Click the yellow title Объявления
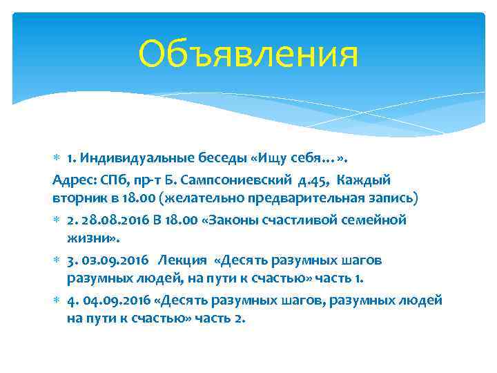tap(248, 54)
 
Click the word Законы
tap(226, 220)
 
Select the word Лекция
tap(182, 260)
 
